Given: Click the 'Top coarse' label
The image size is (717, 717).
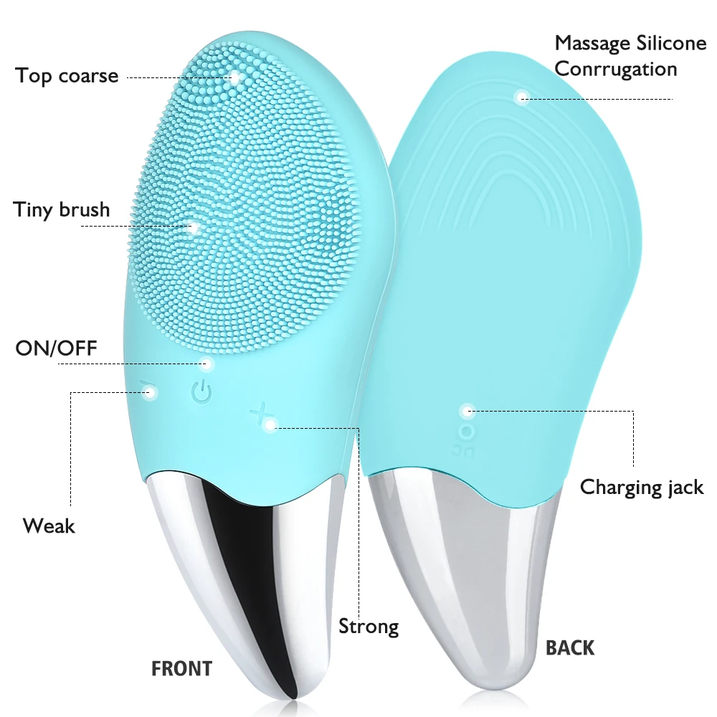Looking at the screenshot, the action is [67, 75].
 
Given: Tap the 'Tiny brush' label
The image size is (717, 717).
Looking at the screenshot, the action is [62, 209].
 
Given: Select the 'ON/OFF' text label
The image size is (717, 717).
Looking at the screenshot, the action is [56, 348].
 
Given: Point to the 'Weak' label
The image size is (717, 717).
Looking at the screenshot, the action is [49, 526].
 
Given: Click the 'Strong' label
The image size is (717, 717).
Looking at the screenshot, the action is [369, 626].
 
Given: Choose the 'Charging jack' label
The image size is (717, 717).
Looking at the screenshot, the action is [642, 488].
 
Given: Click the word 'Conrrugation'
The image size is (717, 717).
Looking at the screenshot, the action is [616, 69].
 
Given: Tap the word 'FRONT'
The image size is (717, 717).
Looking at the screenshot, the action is [181, 669].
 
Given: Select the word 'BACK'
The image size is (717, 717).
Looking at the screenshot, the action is [570, 648].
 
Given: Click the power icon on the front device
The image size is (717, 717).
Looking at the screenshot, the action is [201, 391].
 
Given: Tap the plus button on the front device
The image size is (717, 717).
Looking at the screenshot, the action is [260, 414].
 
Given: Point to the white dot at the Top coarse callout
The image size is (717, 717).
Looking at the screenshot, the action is [234, 75].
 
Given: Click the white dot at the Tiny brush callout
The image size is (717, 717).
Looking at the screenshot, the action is [193, 228].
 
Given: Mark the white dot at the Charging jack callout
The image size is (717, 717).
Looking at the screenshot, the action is [467, 411].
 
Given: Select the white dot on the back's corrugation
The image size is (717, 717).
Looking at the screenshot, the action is [522, 98].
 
